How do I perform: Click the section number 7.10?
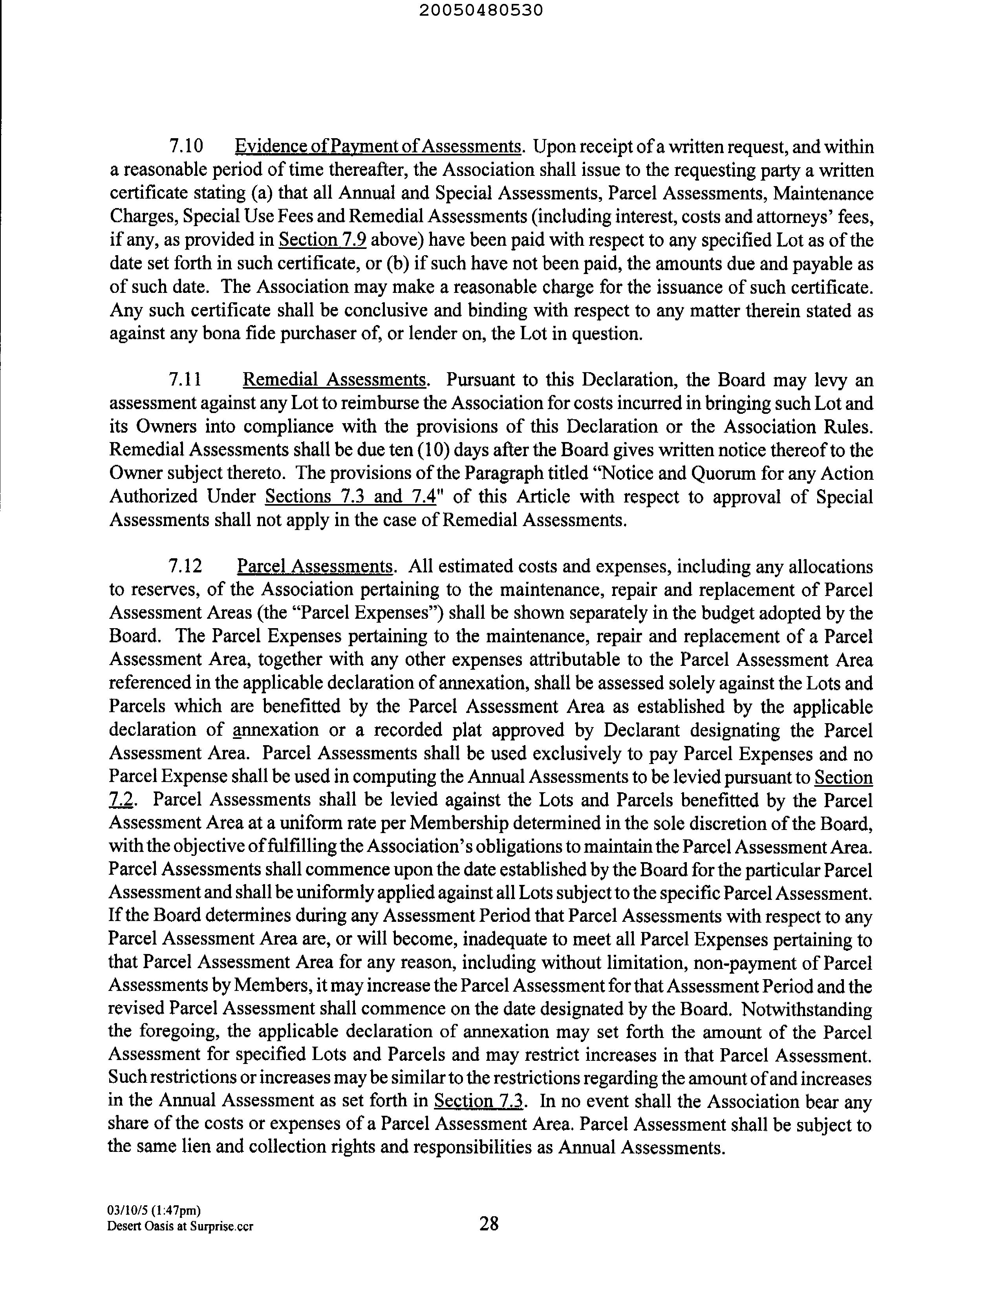[x=186, y=146]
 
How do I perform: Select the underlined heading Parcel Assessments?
[x=314, y=567]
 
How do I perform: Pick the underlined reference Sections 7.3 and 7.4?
[x=350, y=497]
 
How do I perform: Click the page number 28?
[x=489, y=1223]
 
